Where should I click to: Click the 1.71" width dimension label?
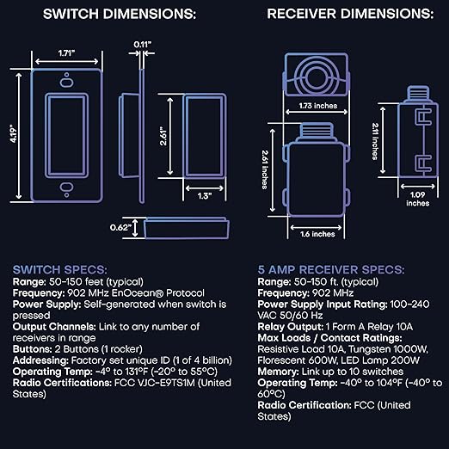pos(66,53)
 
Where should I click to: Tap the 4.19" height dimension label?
pos(14,133)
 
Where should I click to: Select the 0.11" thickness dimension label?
pos(143,45)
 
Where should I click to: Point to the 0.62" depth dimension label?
pos(120,227)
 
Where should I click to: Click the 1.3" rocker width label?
pos(205,196)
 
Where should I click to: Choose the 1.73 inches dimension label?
pos(318,106)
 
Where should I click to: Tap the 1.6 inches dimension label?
pos(317,234)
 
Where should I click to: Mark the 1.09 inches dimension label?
pos(417,199)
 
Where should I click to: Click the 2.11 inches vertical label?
pos(375,141)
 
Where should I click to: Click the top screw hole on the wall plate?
pos(66,83)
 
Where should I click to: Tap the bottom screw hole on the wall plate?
pos(66,187)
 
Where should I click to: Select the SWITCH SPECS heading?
pos(60,270)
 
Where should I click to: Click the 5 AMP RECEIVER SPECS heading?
pos(331,270)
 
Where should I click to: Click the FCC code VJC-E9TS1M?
pos(155,383)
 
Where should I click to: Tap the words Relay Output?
pos(290,327)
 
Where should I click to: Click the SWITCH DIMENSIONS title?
pos(120,14)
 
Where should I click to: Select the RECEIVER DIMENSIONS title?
pos(350,14)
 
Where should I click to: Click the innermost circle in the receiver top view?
pos(317,78)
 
